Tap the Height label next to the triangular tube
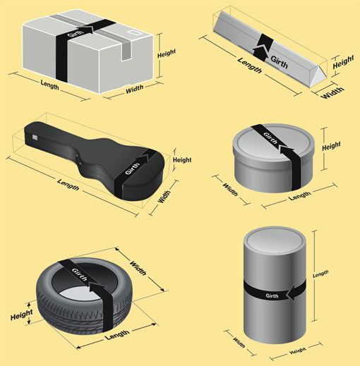(x=342, y=62)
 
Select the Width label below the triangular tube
(x=332, y=92)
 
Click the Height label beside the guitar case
(x=182, y=160)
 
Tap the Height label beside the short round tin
(x=331, y=147)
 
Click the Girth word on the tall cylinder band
(x=273, y=292)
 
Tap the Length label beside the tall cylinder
(x=320, y=273)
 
